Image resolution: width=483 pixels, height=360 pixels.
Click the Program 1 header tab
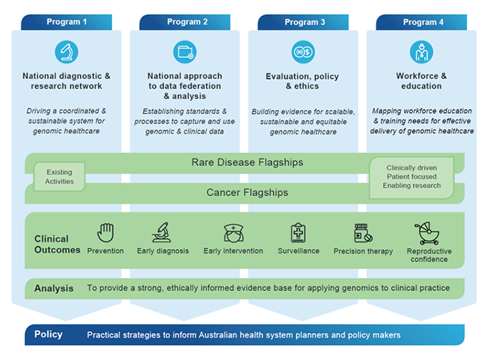tap(66, 22)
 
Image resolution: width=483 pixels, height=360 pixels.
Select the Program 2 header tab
tap(187, 22)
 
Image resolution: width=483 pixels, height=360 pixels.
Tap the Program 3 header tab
tap(304, 22)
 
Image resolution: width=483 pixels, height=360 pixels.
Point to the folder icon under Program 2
tap(184, 52)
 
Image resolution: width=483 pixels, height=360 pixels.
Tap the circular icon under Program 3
tap(303, 52)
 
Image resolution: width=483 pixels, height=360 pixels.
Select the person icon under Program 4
tap(421, 52)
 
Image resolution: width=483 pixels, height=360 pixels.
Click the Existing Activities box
tap(60, 177)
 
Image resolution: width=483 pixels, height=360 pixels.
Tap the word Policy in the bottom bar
tap(49, 334)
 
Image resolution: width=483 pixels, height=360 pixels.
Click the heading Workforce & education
tap(421, 81)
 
